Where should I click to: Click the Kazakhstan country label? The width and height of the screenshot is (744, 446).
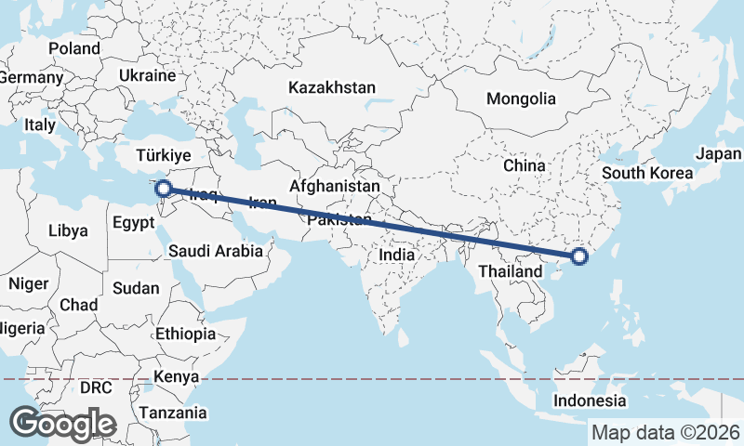point(332,87)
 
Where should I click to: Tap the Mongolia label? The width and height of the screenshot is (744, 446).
point(521,98)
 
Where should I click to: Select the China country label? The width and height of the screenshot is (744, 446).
point(524,165)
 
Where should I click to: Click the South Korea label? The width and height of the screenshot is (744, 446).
point(647,173)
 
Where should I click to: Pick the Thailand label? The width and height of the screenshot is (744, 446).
point(511,270)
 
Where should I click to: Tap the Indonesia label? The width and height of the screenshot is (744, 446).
point(589,400)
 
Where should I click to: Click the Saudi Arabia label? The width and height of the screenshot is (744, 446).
point(220,250)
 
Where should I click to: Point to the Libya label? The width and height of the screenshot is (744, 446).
point(68,230)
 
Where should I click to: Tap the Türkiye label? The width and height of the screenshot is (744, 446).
point(163,155)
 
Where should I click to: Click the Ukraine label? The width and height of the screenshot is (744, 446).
point(148,75)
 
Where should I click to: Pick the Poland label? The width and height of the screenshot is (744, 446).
point(74,47)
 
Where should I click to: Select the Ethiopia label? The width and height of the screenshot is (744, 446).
point(186,333)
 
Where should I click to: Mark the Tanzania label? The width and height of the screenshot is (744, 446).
point(172,412)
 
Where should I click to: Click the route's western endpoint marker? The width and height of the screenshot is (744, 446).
point(163,190)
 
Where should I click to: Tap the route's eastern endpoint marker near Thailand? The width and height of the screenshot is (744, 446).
point(578,256)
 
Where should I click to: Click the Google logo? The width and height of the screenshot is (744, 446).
point(63,424)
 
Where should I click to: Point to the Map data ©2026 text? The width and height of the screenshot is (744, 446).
point(666,432)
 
